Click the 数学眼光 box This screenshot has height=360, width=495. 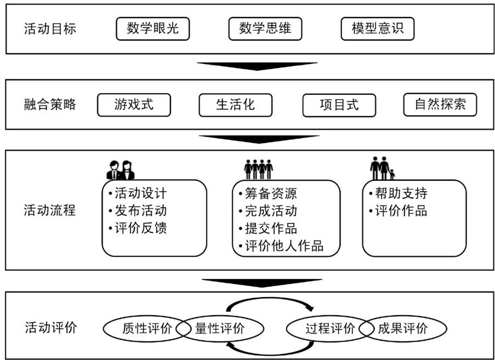pos(152,29)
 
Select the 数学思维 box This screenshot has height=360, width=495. pos(265,29)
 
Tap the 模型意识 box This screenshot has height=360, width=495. pos(377,29)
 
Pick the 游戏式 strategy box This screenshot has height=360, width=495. pos(134,105)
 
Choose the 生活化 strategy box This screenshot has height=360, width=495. pos(235,105)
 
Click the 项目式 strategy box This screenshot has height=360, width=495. pos(339,105)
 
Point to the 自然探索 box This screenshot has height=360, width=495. pos(440,105)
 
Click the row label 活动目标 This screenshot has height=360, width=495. pos(50,29)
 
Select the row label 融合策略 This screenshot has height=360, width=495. pos(50,105)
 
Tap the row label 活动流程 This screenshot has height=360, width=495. pos(50,210)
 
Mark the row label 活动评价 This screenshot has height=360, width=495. pos(50,328)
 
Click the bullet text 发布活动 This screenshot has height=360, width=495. pos(140,211)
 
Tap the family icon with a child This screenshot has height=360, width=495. pos(382,168)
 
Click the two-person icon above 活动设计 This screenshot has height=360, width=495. pos(120,169)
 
